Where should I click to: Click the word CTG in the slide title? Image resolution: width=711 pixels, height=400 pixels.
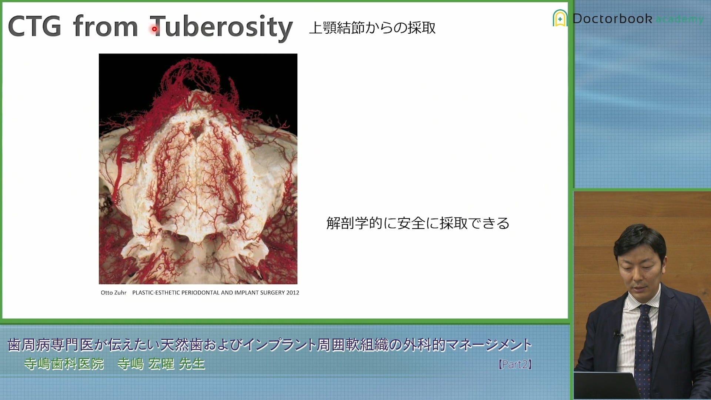pos(34,27)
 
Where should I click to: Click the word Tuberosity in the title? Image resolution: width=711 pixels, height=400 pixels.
pos(221,28)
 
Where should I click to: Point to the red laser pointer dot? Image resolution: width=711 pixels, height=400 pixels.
pos(154,29)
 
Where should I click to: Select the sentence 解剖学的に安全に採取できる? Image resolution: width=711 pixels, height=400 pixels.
pos(418,223)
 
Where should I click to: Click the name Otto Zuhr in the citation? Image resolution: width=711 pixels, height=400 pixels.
pos(113,293)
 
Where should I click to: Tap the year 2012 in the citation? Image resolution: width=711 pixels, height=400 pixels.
pos(293,293)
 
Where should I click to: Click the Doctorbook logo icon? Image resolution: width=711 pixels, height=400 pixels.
pos(560,18)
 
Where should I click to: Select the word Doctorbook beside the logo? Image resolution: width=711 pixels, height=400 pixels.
pos(612,19)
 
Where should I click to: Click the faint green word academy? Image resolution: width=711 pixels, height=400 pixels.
pos(680,19)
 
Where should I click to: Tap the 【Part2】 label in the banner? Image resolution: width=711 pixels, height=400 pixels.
pos(515,364)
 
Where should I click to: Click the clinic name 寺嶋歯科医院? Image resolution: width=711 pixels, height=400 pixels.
pos(64,364)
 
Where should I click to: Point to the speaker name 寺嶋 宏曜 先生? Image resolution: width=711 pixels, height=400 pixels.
pos(161,364)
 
